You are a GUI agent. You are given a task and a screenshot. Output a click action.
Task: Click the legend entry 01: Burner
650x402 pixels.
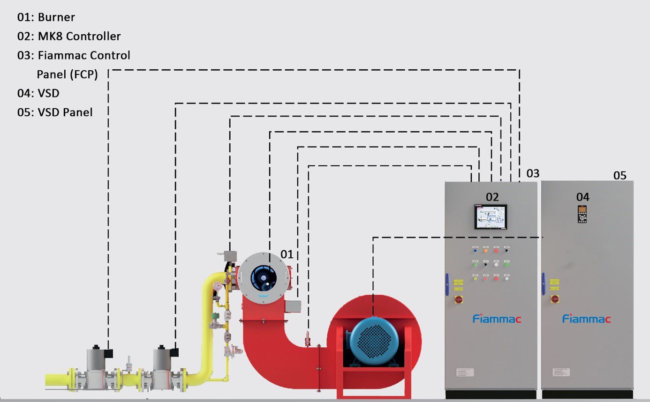click(x=46, y=18)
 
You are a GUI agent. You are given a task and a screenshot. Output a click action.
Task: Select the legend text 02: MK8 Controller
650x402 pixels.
click(x=69, y=37)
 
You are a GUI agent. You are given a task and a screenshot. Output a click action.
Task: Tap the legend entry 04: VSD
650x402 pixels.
click(x=38, y=93)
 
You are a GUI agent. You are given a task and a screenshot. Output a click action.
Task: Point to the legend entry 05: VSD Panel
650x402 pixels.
click(x=55, y=112)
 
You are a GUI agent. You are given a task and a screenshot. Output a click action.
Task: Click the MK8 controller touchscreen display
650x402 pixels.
click(x=491, y=216)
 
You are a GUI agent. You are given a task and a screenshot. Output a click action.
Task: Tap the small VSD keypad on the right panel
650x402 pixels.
click(x=582, y=214)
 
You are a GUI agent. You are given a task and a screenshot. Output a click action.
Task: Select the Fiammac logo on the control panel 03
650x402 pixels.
click(x=497, y=319)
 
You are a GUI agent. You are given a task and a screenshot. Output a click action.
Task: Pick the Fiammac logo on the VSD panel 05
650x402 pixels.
click(x=586, y=319)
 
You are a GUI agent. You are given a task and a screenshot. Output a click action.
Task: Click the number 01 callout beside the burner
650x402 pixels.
click(x=287, y=254)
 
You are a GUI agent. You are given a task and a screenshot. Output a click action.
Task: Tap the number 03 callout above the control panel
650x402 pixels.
click(x=533, y=173)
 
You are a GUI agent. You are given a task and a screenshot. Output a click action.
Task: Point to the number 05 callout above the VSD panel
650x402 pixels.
click(x=620, y=176)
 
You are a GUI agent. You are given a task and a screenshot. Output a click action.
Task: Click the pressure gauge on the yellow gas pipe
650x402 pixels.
click(x=217, y=285)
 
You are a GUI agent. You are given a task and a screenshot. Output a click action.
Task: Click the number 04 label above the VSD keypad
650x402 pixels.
click(x=582, y=197)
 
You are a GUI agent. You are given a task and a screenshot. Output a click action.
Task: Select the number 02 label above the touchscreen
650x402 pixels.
click(x=492, y=197)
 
